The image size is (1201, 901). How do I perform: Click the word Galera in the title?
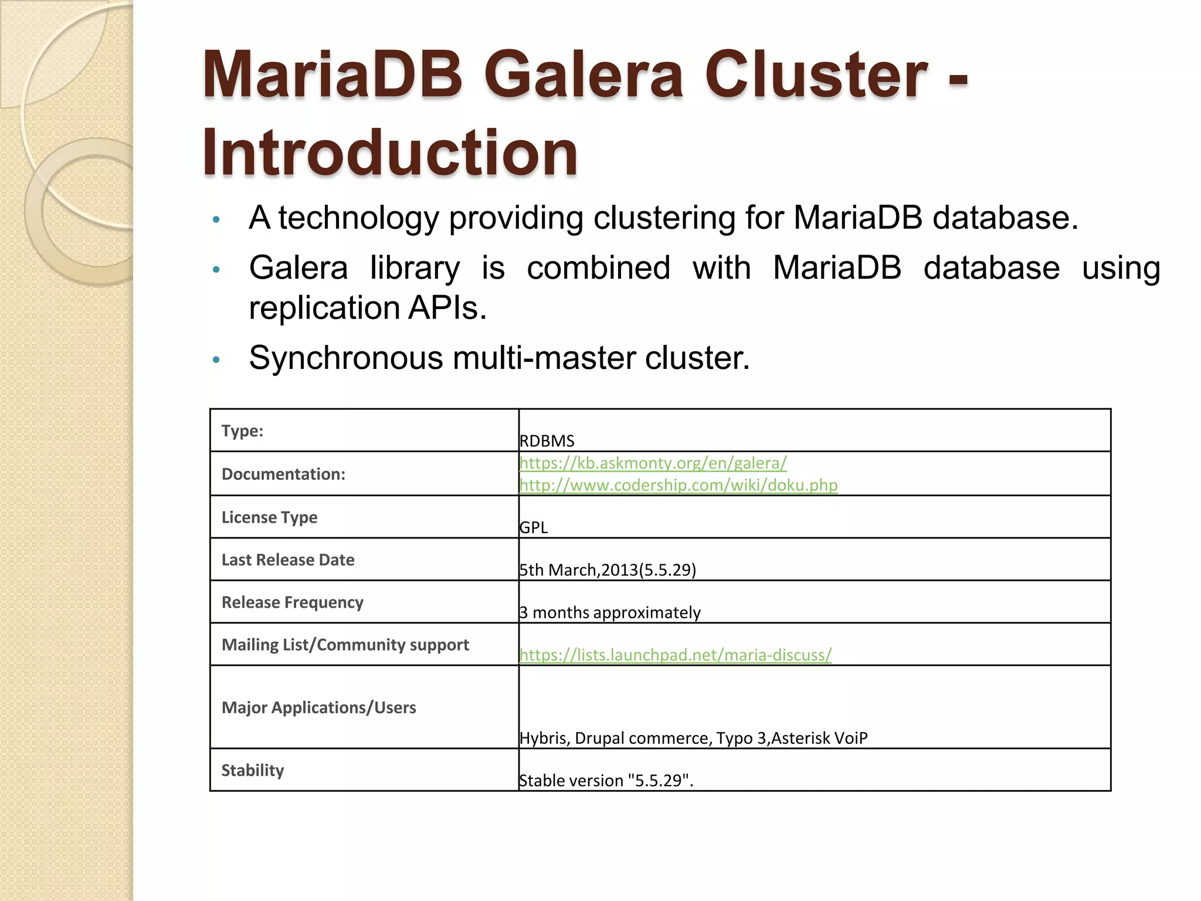[x=584, y=74]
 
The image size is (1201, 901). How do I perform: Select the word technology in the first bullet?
[x=358, y=218]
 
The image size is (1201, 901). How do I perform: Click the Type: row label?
[x=242, y=431]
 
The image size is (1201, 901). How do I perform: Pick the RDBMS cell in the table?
[x=547, y=441]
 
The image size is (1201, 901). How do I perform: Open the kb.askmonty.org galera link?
[x=653, y=463]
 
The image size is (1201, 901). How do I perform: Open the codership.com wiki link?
[x=678, y=485]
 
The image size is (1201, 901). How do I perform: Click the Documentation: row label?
[x=283, y=474]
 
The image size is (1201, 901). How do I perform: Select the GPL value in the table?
[x=534, y=527]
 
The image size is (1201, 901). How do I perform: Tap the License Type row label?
[x=269, y=517]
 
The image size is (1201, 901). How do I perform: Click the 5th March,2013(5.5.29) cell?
[x=608, y=570]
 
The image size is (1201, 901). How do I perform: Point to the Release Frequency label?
[x=292, y=602]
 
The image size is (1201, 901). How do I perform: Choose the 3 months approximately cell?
[x=610, y=612]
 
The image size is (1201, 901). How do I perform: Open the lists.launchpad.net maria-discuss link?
[x=675, y=655]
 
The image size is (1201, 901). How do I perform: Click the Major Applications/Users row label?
[x=318, y=707]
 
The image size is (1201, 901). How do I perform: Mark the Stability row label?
[x=252, y=770]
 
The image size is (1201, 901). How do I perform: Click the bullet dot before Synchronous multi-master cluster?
[x=216, y=360]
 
